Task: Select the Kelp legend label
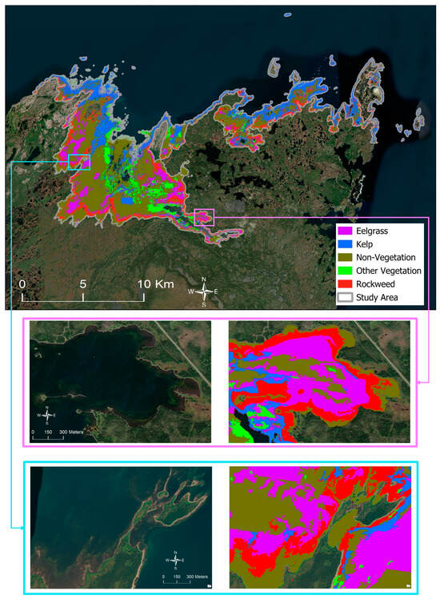point(371,244)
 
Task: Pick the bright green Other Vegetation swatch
point(346,271)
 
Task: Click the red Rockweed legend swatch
point(346,284)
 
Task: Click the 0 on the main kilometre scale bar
point(22,284)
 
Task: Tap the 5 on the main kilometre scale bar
point(83,284)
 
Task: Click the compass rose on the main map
point(205,291)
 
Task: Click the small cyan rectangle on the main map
point(79,162)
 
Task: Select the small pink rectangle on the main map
point(205,216)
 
